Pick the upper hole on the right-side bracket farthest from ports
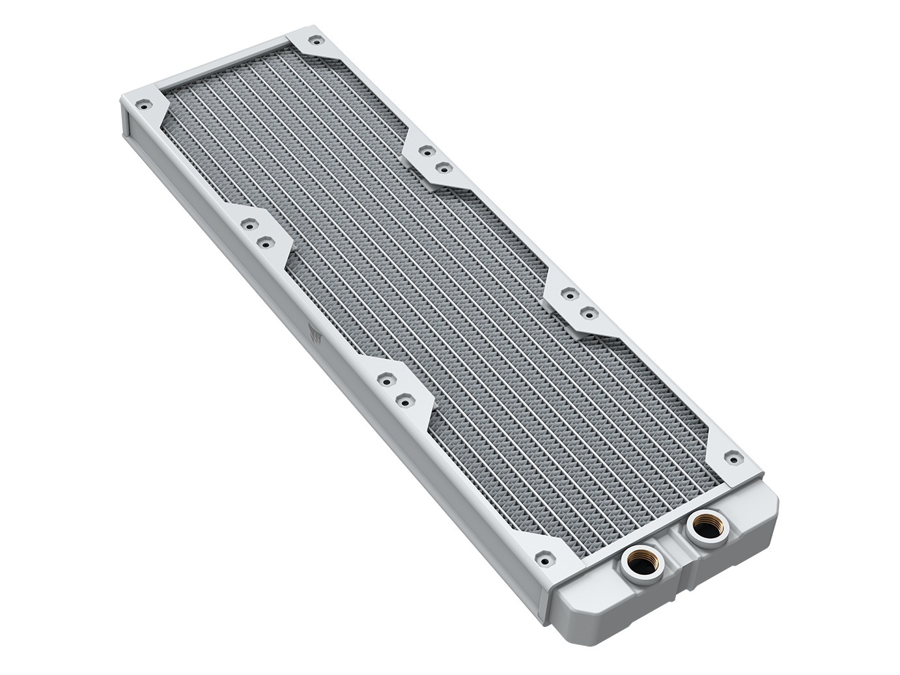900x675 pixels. click(x=427, y=150)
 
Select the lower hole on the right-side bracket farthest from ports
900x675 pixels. click(x=444, y=168)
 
